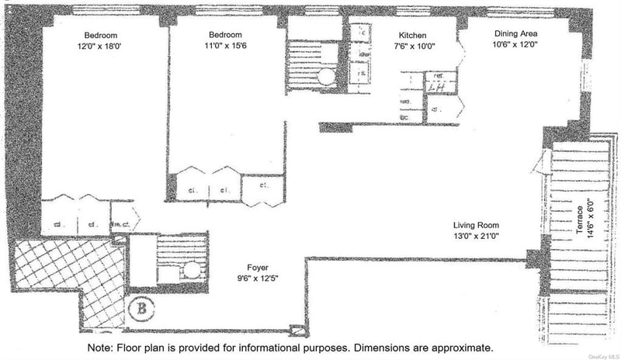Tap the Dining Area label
tap(516, 34)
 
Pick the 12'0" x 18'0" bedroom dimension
tap(100, 47)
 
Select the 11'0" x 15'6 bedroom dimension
tap(225, 47)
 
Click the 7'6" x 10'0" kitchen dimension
tap(414, 47)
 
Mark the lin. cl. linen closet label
tap(120, 225)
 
